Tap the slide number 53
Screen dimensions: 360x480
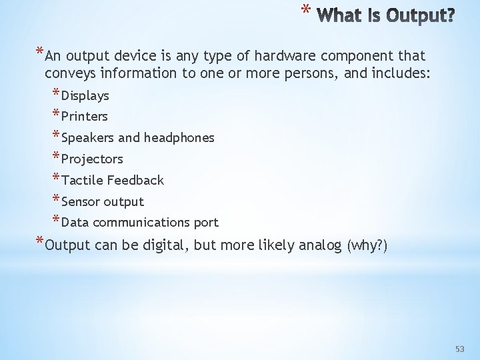click(x=459, y=349)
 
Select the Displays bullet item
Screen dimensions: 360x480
click(x=85, y=96)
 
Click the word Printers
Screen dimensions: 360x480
click(x=84, y=117)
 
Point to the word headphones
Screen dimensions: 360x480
click(x=179, y=138)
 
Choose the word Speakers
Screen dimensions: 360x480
click(x=87, y=138)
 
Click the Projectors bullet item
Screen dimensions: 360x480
click(x=92, y=159)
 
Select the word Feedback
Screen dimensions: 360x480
click(x=135, y=180)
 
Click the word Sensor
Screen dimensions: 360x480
click(x=81, y=201)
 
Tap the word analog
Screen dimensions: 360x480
click(x=319, y=245)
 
